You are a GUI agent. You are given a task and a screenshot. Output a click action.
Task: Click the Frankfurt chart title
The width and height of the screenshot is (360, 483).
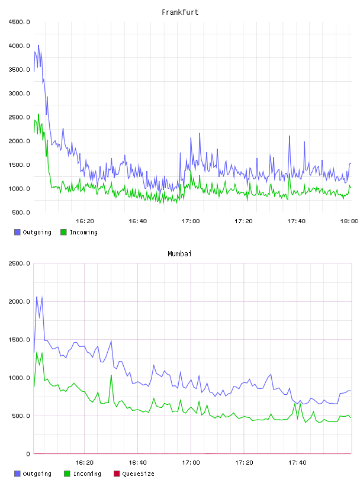pyautogui.click(x=180, y=12)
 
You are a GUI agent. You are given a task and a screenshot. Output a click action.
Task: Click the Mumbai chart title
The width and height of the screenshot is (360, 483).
pyautogui.click(x=179, y=254)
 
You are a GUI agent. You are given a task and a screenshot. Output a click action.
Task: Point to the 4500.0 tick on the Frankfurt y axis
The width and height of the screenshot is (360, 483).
pyautogui.click(x=19, y=22)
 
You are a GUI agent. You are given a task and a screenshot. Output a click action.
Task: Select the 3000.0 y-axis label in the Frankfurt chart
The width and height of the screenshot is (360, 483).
pyautogui.click(x=19, y=94)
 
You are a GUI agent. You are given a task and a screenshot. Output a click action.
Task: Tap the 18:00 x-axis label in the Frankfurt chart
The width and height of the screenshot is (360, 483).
pyautogui.click(x=349, y=221)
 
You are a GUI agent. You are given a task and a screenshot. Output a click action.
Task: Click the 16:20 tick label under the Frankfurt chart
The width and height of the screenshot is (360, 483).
pyautogui.click(x=85, y=221)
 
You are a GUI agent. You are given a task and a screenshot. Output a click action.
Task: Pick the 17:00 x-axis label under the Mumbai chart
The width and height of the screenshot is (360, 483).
pyautogui.click(x=191, y=463)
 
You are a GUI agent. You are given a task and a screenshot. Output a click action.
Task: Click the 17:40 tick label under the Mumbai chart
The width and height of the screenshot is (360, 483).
pyautogui.click(x=297, y=463)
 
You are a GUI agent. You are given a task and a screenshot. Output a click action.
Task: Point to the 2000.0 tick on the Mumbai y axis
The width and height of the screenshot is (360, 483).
pyautogui.click(x=19, y=301)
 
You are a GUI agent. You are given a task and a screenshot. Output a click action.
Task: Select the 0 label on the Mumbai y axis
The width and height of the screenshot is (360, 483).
pyautogui.click(x=28, y=454)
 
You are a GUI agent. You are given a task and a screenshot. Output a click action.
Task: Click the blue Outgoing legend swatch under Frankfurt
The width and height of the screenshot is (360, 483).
pyautogui.click(x=17, y=232)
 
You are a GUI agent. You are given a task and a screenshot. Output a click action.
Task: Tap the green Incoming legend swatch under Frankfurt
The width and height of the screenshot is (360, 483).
pyautogui.click(x=63, y=232)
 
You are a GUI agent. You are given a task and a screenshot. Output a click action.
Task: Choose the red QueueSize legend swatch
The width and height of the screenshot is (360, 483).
pyautogui.click(x=117, y=474)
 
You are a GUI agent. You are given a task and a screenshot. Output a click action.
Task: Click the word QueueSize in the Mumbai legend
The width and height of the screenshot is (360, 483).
pyautogui.click(x=138, y=474)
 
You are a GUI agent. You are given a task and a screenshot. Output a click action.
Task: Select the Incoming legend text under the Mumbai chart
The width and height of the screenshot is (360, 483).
pyautogui.click(x=87, y=474)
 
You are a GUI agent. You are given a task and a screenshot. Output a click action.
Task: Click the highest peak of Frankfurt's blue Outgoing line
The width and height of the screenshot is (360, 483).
pyautogui.click(x=38, y=45)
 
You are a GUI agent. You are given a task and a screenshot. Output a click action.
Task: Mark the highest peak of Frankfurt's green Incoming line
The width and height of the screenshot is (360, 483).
pyautogui.click(x=38, y=114)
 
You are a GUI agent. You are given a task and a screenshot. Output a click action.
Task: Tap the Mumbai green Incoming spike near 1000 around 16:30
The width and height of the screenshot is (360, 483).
pyautogui.click(x=111, y=375)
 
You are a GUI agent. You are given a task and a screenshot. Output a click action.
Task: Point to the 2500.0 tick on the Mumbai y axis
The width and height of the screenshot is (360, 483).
pyautogui.click(x=19, y=263)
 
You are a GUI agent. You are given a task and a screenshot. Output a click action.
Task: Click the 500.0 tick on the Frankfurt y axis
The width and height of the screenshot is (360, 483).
pyautogui.click(x=21, y=212)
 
